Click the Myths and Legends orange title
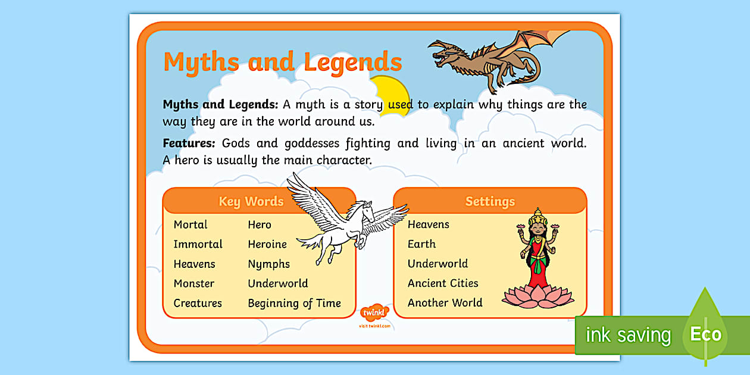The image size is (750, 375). point(282,62)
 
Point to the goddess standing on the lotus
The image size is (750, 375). point(537,250)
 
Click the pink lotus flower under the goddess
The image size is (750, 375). point(537,296)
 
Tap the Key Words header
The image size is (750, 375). point(251,201)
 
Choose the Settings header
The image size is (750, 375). point(490,201)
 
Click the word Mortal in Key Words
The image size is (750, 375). point(190,224)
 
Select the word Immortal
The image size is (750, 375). point(198,244)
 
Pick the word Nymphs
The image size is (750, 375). point(268,264)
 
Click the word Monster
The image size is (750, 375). point(193,283)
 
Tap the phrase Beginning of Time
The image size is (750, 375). point(294,303)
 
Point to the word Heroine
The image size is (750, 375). point(267,244)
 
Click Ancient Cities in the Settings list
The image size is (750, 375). point(443,283)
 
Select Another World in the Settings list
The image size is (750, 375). point(445,302)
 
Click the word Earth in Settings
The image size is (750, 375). point(421,244)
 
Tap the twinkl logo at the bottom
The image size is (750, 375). point(374,313)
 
